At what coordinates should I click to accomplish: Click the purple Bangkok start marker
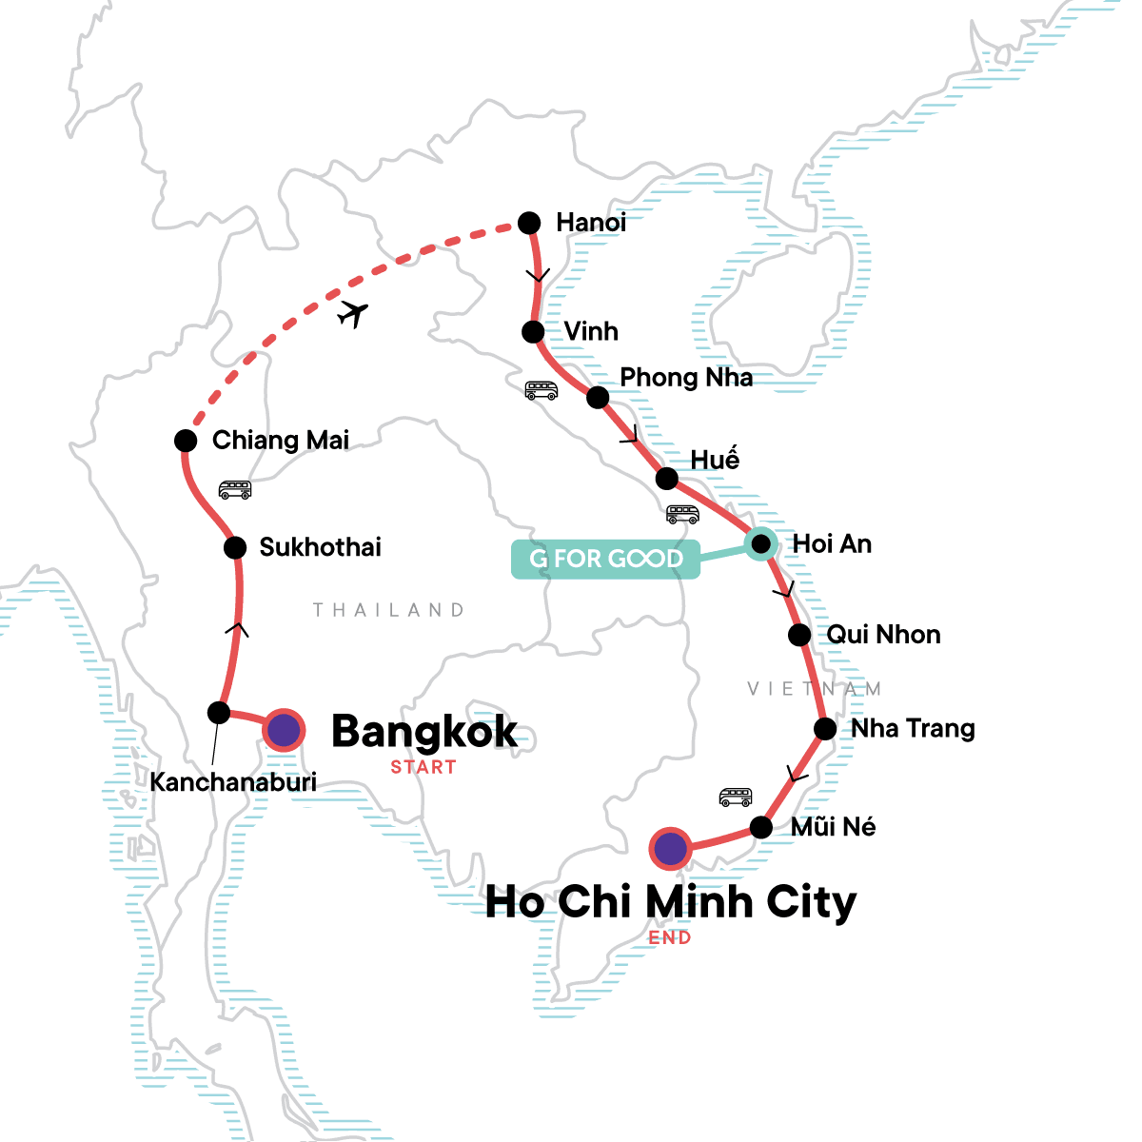pos(284,731)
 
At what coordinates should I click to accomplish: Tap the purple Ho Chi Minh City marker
pos(671,847)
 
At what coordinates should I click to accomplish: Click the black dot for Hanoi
pos(529,223)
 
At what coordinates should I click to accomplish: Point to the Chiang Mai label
pos(280,440)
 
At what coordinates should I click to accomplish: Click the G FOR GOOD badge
pos(605,559)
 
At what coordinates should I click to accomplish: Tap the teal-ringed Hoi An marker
pos(760,543)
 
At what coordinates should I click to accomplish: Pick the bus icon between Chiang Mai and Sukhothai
pos(234,489)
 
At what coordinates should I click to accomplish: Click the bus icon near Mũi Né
pos(735,797)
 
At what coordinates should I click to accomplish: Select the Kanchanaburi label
pos(233,782)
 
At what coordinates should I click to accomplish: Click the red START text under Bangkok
pos(423,767)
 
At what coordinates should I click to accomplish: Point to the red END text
pos(670,937)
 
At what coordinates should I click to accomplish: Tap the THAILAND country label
pos(389,610)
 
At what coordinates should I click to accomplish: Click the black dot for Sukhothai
pos(235,547)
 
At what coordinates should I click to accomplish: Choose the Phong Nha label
pos(686,378)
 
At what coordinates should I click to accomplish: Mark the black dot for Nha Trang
pos(825,729)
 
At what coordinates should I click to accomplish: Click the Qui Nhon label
pos(883,635)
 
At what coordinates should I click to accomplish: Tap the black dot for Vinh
pos(533,331)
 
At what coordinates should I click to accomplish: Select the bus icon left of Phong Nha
pos(541,390)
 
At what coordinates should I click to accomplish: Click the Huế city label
pos(715,459)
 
